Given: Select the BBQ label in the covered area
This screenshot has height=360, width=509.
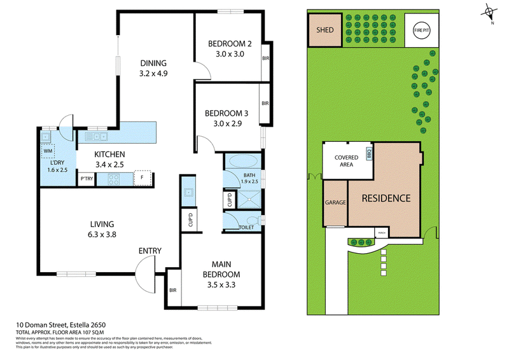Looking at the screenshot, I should tap(368, 153).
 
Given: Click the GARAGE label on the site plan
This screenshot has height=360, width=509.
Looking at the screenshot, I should tap(335, 202).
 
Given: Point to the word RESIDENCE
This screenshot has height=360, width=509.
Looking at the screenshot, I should tap(386, 198).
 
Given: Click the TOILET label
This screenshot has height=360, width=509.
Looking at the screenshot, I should tap(246, 227).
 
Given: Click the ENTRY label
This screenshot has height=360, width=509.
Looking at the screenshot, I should tap(150, 251).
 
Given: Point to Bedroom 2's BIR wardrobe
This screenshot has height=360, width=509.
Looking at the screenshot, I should tap(265, 59).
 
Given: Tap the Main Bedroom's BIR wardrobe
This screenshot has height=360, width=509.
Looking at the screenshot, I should tap(172, 290).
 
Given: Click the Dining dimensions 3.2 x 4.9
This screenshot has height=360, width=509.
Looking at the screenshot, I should tap(153, 73).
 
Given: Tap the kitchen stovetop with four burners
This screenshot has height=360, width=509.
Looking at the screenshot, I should tap(115, 179).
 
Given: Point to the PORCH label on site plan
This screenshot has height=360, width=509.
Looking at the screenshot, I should tap(382, 232).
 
